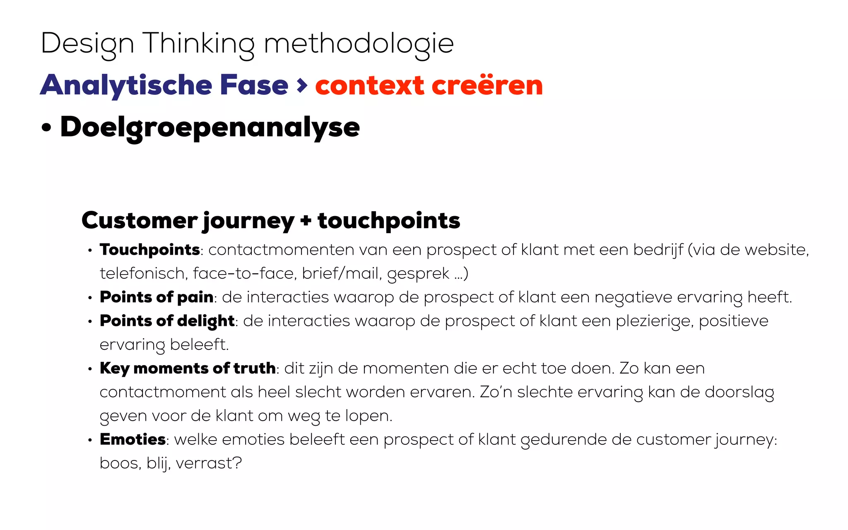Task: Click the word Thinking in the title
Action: pos(198,44)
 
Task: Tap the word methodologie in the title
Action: pos(359,44)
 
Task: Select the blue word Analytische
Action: pos(127,85)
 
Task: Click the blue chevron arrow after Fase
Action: pos(302,85)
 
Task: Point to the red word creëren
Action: pos(487,85)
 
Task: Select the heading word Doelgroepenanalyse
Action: pos(210,128)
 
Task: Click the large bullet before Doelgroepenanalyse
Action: pos(46,128)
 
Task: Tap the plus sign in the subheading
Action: pos(306,220)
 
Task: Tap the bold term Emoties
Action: pos(133,439)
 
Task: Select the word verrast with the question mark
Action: pos(209,463)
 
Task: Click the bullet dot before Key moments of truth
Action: pos(90,369)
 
